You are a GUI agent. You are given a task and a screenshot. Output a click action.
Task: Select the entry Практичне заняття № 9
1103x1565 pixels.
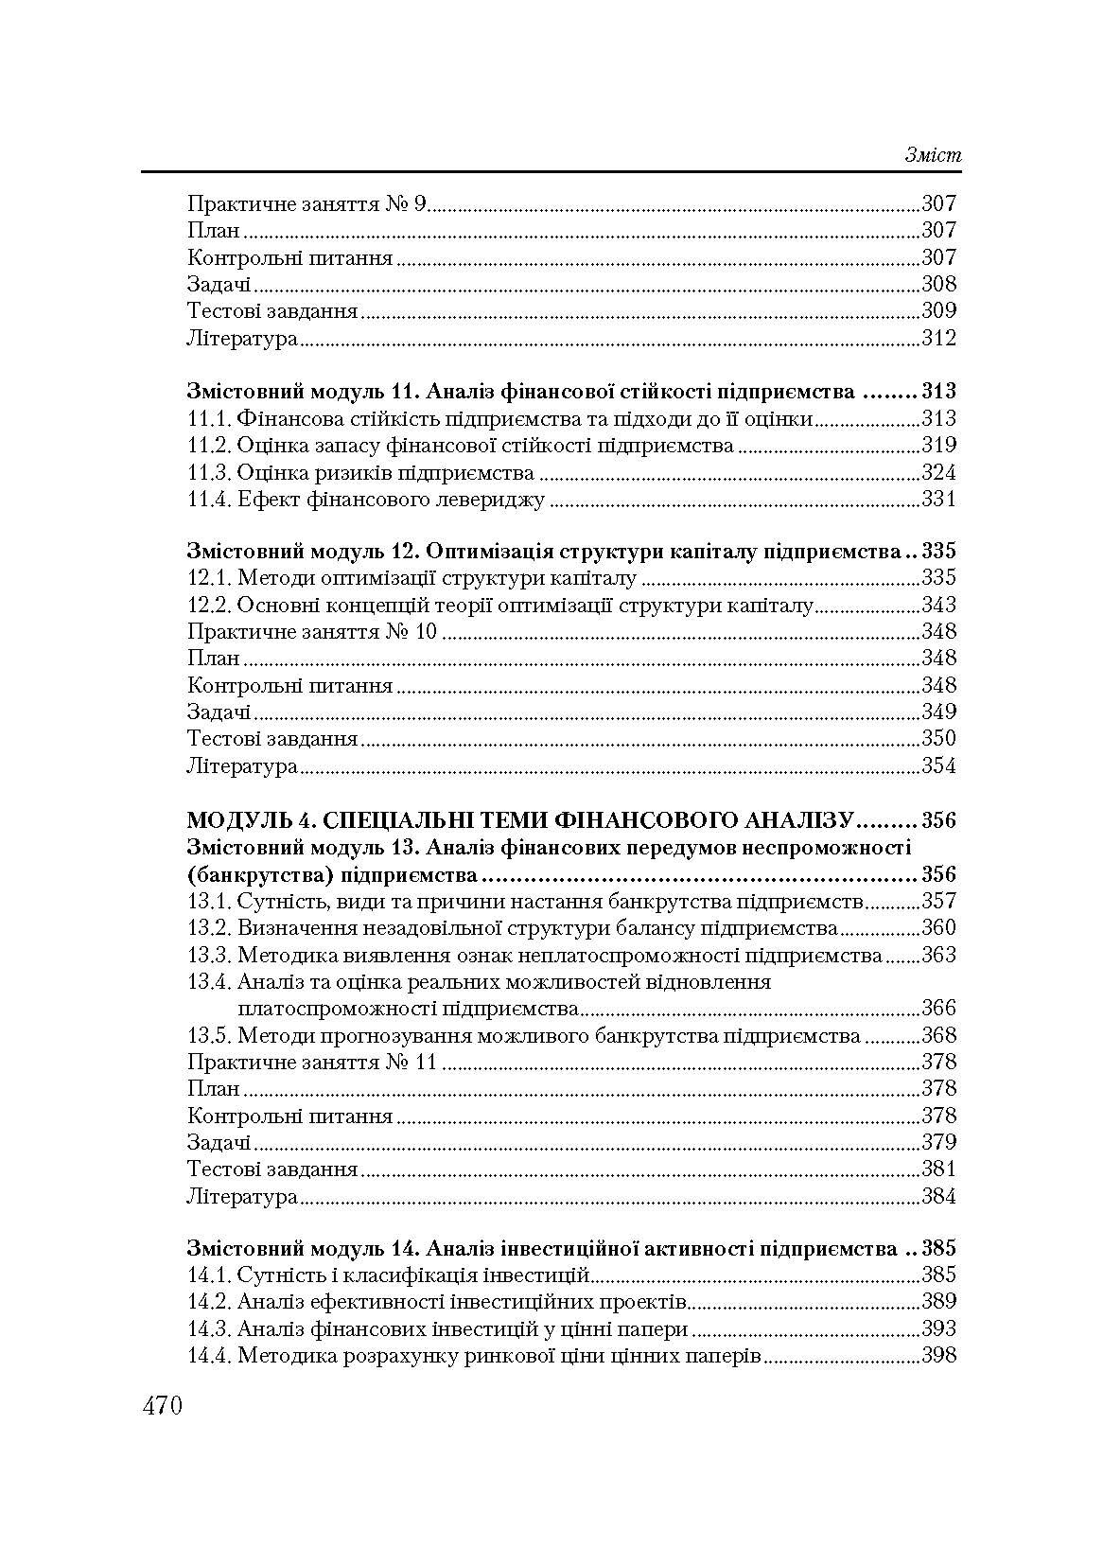tap(307, 203)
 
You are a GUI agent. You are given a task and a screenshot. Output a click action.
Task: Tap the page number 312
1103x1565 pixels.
tap(938, 338)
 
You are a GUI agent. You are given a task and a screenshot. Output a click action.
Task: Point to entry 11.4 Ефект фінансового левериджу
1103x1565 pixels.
tap(366, 500)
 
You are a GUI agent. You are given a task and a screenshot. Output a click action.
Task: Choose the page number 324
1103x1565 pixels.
tap(938, 472)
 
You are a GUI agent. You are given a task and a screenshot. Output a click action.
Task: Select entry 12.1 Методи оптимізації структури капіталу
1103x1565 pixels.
tap(412, 578)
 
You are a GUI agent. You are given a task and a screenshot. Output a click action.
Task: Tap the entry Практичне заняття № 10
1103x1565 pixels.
tap(312, 631)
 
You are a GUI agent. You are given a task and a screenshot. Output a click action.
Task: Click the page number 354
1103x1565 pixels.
tap(938, 765)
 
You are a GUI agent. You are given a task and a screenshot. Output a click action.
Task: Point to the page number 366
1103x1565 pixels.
tap(938, 1008)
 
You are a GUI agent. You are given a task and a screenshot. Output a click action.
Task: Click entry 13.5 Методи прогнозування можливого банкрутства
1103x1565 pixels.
tap(524, 1035)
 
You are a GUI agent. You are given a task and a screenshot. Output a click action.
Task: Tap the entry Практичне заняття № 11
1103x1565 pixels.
tap(312, 1062)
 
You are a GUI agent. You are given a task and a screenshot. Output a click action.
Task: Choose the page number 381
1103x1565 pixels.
tap(938, 1169)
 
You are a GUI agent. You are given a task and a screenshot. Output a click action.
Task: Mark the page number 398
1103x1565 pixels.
tap(938, 1356)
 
